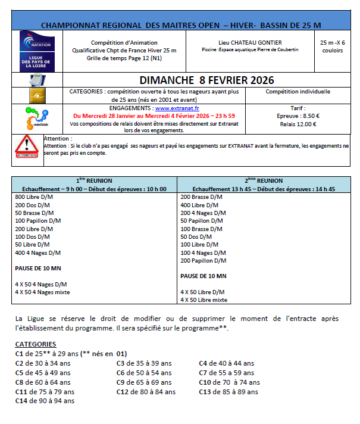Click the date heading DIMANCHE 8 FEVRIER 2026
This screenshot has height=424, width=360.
199,80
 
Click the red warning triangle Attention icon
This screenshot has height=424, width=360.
27,145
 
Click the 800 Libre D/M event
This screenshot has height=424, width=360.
35,197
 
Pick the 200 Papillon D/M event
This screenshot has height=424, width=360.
203,260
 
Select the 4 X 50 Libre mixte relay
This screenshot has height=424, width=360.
204,300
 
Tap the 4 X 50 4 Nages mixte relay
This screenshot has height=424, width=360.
42,292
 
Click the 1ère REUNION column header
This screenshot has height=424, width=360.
95,180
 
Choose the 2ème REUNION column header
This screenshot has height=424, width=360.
263,180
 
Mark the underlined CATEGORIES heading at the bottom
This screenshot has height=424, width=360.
36,344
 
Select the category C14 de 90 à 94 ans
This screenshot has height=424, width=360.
45,401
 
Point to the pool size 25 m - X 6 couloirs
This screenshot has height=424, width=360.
332,46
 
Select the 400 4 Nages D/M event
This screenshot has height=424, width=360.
37,252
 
